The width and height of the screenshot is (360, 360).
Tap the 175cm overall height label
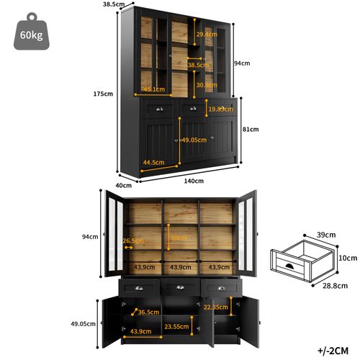coord(103,94)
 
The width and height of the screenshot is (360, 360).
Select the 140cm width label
coord(193,181)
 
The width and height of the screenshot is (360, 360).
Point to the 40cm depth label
coord(123,185)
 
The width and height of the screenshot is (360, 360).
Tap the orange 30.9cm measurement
coord(207,85)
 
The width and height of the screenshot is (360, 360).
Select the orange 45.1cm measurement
coord(153,89)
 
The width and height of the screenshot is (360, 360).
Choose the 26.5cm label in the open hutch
coord(131,241)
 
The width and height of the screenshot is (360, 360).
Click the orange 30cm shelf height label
coord(178,238)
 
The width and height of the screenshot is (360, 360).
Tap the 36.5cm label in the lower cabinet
coord(148,312)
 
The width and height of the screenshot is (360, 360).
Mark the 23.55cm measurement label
coord(176,325)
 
